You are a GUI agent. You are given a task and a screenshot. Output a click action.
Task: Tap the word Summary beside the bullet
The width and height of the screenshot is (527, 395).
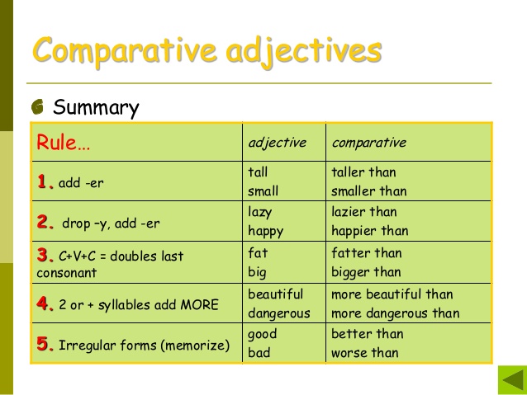96,108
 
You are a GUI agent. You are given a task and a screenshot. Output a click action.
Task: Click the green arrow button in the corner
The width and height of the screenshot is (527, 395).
511,380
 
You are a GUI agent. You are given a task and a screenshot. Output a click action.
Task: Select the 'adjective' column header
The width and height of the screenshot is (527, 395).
277,143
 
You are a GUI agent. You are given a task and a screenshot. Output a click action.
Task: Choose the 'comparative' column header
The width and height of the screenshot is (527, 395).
368,143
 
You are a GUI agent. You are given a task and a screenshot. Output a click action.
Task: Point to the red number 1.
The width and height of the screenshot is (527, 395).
45,181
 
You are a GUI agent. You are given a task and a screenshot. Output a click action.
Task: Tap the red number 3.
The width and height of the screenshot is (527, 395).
45,255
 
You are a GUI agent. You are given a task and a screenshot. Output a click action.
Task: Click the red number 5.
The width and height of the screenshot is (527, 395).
45,345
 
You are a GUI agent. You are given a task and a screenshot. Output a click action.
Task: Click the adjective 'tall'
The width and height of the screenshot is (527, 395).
258,172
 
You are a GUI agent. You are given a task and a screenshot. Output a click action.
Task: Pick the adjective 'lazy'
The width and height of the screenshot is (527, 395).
260,212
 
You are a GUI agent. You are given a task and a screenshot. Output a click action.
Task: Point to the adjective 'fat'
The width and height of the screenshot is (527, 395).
258,252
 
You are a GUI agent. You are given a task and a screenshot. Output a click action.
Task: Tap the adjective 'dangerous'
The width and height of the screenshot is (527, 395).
279,313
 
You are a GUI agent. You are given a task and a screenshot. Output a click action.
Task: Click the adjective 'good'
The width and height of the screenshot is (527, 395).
263,334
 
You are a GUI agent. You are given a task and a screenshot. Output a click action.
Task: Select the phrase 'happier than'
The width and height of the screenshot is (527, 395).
369,231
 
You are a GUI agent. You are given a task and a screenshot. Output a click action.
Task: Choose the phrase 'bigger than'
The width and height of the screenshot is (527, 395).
366,272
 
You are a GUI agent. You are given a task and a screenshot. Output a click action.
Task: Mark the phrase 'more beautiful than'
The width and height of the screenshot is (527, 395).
392,294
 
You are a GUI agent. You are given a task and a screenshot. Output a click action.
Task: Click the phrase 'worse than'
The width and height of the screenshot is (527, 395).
364,353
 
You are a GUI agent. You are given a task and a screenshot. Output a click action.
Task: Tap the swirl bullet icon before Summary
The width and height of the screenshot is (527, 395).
39,108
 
